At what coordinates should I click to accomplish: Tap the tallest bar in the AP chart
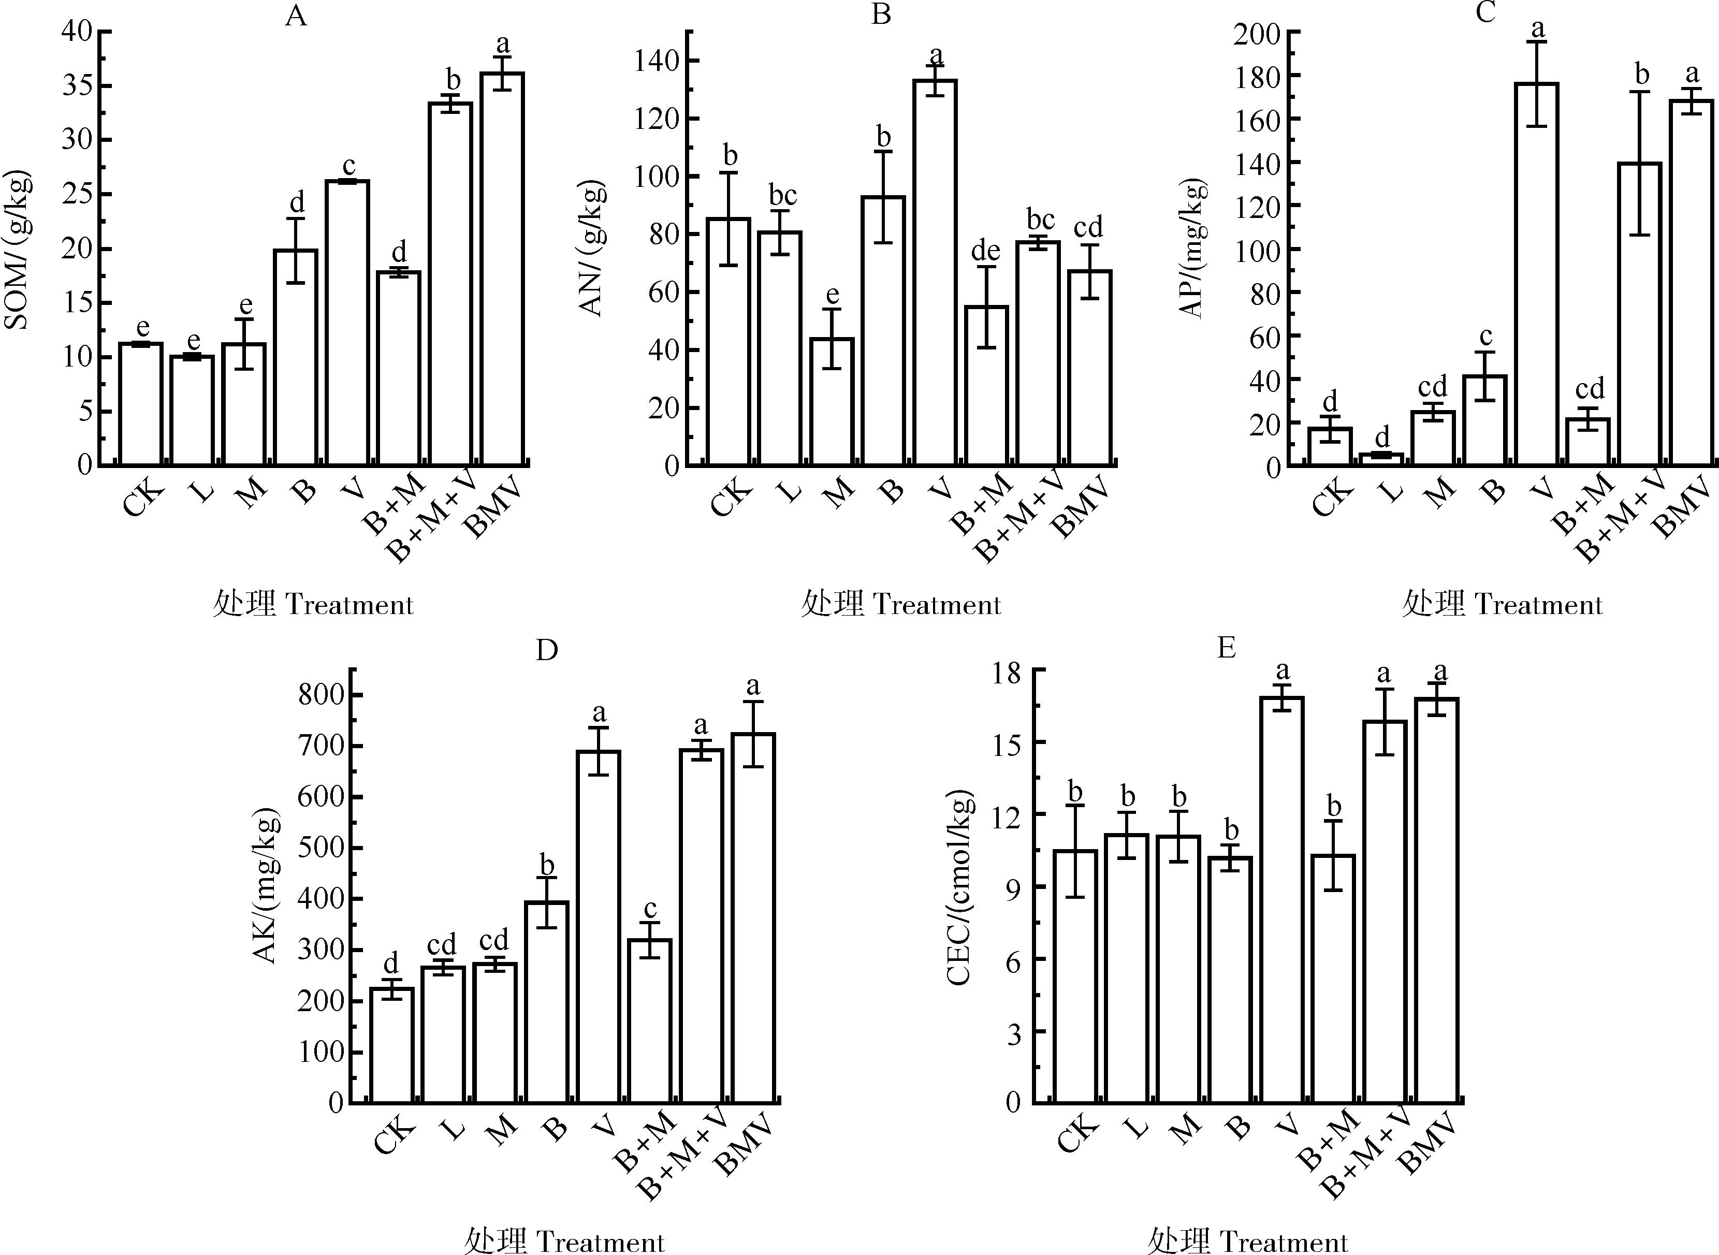coord(1536,273)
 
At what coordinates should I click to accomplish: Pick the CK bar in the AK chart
coord(391,1045)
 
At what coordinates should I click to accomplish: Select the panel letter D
coord(547,650)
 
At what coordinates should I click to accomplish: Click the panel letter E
coord(1226,648)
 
